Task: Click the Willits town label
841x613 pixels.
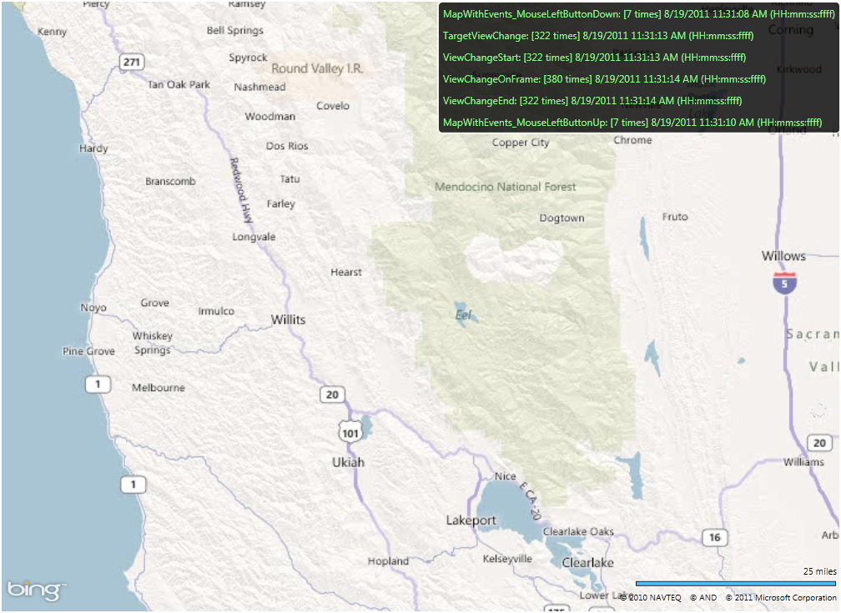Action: tap(288, 319)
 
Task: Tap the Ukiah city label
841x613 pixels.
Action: tap(348, 462)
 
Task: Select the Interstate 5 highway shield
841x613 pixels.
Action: tap(783, 283)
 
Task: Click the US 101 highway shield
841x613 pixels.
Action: tap(350, 430)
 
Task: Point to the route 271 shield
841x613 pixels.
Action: tap(131, 62)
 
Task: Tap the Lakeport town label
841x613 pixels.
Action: tap(471, 520)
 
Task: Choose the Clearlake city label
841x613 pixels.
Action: tap(587, 563)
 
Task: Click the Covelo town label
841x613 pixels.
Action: tap(333, 106)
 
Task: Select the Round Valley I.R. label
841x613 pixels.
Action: tap(317, 68)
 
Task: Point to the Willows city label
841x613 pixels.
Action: tap(783, 256)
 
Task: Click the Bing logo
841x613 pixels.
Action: tap(34, 590)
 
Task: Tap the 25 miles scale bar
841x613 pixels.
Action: tap(735, 583)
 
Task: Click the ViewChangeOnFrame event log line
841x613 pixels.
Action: tap(604, 79)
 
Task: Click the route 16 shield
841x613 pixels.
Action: tap(713, 537)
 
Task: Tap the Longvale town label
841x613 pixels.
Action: tap(254, 237)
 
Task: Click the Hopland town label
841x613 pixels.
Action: tap(388, 561)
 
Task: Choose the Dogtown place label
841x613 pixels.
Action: tap(562, 218)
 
